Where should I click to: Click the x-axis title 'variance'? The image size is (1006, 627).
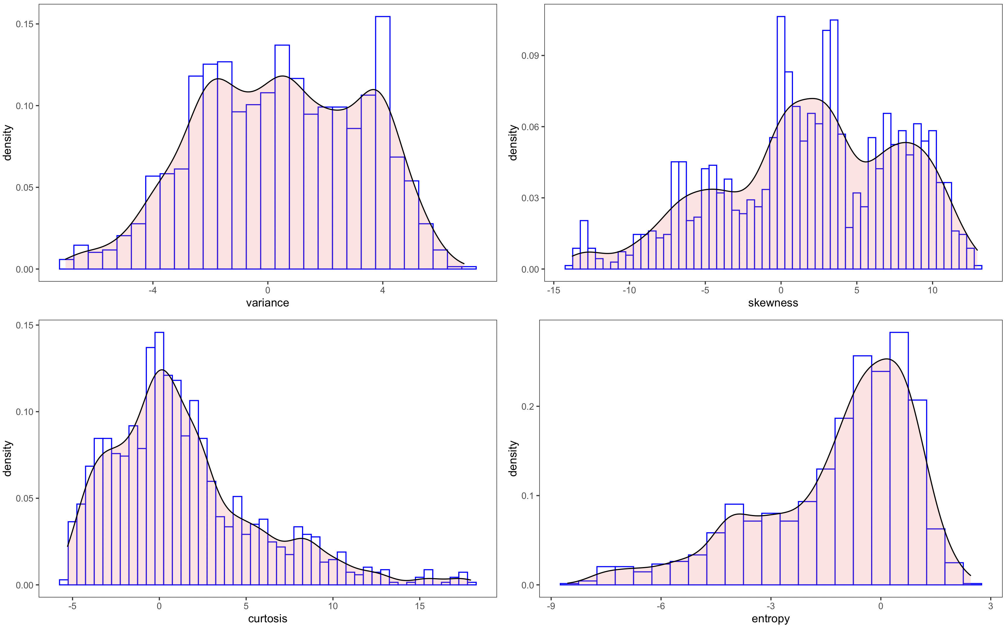(x=267, y=303)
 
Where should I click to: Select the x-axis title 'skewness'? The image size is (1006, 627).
(x=773, y=303)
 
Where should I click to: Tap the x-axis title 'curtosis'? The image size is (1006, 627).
(x=267, y=619)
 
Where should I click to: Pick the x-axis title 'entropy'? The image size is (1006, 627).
(x=770, y=619)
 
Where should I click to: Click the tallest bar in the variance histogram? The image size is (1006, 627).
(x=382, y=141)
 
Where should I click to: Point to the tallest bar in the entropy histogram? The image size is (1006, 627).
(x=899, y=456)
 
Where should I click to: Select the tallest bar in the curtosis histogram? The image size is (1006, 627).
(x=159, y=456)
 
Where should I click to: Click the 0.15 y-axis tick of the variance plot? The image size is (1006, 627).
(x=25, y=24)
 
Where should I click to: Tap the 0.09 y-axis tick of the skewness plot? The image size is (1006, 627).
(x=530, y=56)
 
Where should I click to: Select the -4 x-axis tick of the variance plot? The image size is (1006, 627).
(x=153, y=290)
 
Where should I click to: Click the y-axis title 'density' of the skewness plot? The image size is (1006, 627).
(x=513, y=142)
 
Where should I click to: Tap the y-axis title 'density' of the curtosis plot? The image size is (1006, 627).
(x=8, y=459)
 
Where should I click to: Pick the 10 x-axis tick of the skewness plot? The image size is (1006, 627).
(x=932, y=290)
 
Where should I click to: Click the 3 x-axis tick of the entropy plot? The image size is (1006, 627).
(x=991, y=606)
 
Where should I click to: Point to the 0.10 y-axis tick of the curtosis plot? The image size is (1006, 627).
(x=25, y=412)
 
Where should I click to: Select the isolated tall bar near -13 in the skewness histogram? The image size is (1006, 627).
(x=584, y=245)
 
